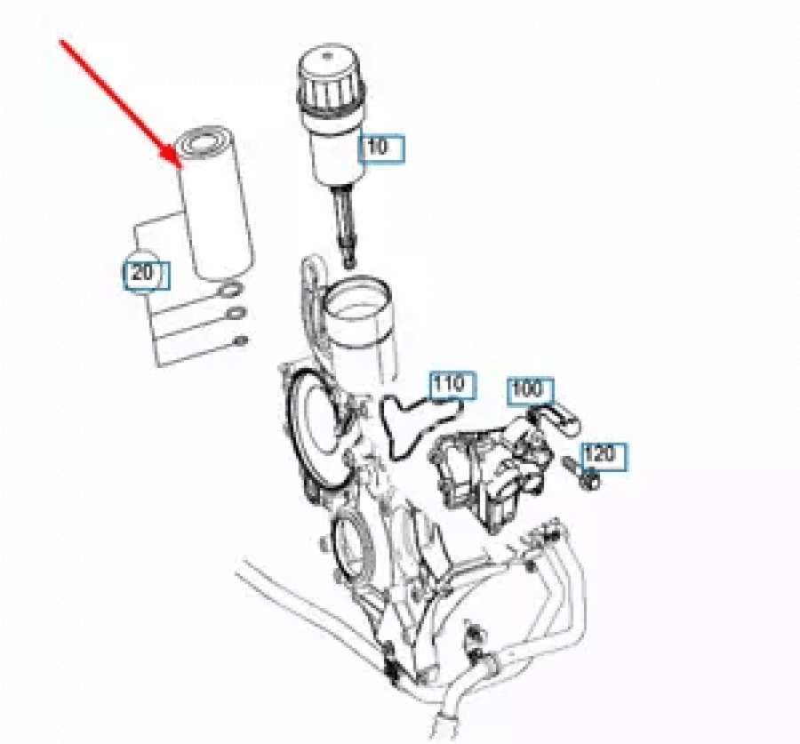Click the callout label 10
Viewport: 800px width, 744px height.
point(381,148)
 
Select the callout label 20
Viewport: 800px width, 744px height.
point(147,276)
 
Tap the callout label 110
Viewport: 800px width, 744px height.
point(453,385)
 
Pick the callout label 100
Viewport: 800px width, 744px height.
point(531,391)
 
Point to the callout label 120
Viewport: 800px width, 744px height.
point(604,457)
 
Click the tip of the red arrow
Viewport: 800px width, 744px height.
point(179,166)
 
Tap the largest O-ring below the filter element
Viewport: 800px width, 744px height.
point(229,291)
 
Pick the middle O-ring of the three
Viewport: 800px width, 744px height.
point(236,313)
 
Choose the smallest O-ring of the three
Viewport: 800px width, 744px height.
point(240,340)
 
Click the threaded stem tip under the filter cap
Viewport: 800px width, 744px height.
point(349,261)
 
